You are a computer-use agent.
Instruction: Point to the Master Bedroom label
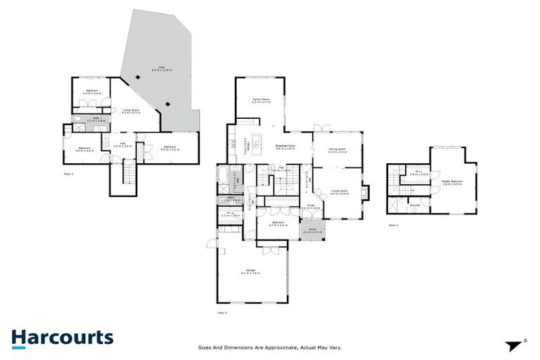tap(451, 182)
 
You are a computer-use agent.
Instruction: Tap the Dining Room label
tap(337, 150)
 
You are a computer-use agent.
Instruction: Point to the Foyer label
tap(310, 207)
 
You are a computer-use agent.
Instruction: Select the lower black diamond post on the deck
tap(167, 105)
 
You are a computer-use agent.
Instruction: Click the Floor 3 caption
tap(393, 225)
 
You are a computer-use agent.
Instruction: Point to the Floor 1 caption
tap(68, 172)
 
